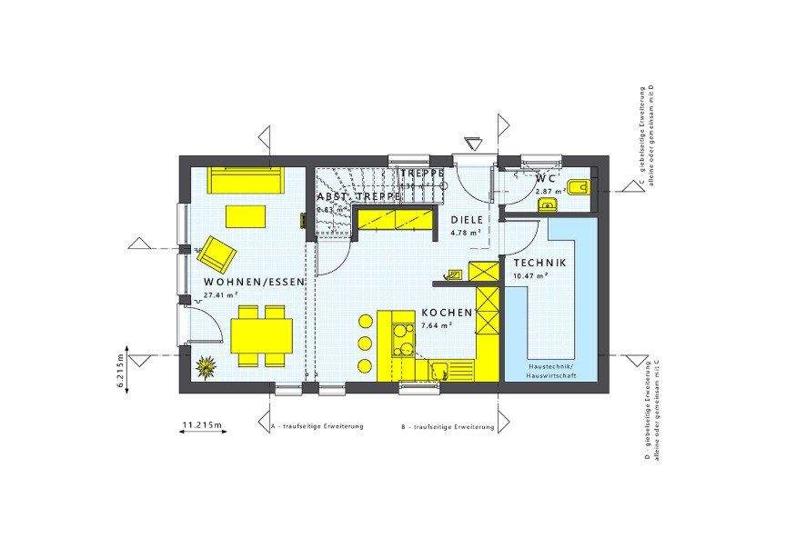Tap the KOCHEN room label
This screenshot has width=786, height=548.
(x=447, y=313)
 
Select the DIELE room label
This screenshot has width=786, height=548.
(x=467, y=219)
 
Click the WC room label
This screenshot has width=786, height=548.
(x=545, y=179)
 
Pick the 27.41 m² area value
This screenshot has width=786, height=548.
(x=220, y=295)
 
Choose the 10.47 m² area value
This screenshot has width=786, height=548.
(x=529, y=275)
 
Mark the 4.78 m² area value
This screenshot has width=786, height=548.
(x=466, y=232)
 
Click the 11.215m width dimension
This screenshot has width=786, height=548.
(x=204, y=424)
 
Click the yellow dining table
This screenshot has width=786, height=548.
(x=262, y=337)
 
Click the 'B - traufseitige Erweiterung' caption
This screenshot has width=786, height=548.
(x=448, y=426)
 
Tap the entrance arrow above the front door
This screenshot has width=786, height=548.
(x=471, y=144)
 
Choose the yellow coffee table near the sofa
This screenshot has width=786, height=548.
(x=246, y=216)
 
